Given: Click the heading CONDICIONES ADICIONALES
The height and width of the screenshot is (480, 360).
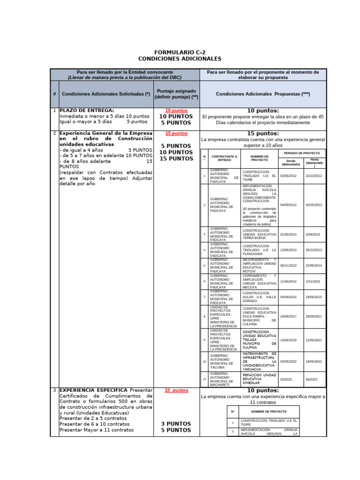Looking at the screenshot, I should pyautogui.click(x=180, y=59).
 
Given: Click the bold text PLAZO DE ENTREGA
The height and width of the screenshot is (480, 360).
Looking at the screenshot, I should pyautogui.click(x=87, y=111).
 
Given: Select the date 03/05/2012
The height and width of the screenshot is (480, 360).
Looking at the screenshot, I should pyautogui.click(x=289, y=176).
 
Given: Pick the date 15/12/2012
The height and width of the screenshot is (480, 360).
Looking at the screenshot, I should pyautogui.click(x=314, y=176).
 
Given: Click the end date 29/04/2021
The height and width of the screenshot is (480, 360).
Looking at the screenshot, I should pyautogui.click(x=314, y=316).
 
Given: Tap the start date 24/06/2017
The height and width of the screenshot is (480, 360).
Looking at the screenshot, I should pyautogui.click(x=289, y=316).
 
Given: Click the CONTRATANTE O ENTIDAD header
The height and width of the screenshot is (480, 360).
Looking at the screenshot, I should pyautogui.click(x=225, y=158).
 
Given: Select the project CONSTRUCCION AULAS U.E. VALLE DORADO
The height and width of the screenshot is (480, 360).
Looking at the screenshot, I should pyautogui.click(x=259, y=297).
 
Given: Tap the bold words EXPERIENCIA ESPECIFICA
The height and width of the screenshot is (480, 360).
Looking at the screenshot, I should pyautogui.click(x=93, y=390).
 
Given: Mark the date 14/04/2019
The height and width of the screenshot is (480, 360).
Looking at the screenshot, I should pyautogui.click(x=289, y=340).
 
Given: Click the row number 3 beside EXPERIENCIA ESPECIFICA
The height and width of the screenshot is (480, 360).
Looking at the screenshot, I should pyautogui.click(x=54, y=390).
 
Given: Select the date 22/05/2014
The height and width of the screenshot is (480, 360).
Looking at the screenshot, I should pyautogui.click(x=314, y=265).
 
